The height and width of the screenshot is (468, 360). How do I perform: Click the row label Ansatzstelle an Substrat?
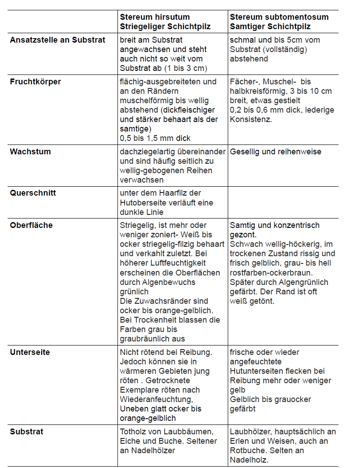click(x=57, y=40)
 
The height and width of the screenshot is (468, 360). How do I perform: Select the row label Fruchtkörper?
click(x=35, y=82)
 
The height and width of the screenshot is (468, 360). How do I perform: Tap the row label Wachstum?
click(x=30, y=152)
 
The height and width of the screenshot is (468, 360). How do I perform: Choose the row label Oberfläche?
click(x=31, y=225)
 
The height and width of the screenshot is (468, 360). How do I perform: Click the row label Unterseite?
click(x=30, y=352)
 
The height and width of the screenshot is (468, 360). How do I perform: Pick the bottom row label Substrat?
click(x=26, y=432)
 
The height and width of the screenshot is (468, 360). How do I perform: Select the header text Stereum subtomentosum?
click(x=279, y=17)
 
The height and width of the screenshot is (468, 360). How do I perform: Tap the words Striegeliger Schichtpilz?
click(x=165, y=26)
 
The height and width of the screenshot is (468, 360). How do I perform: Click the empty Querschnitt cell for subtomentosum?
click(x=283, y=202)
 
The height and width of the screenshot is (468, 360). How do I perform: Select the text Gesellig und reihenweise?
click(x=275, y=152)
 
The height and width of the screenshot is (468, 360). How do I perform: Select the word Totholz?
click(x=132, y=432)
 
